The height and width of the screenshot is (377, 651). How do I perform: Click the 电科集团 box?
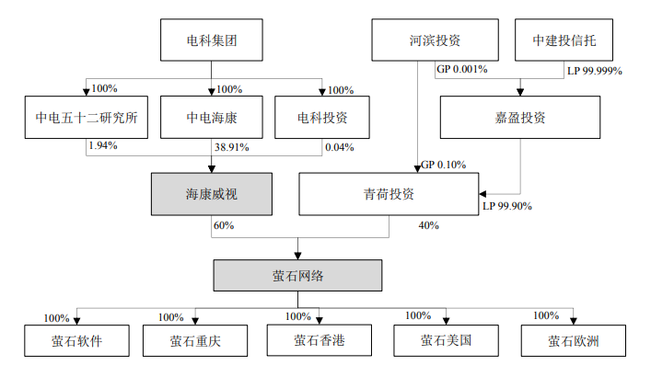point(212,40)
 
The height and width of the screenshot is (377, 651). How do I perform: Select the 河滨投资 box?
point(435,40)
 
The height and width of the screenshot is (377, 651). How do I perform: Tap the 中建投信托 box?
point(563,40)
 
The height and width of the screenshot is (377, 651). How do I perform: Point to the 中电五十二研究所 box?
point(86,118)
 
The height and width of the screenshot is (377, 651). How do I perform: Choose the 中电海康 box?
point(212,118)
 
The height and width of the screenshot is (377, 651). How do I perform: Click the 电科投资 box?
point(321,118)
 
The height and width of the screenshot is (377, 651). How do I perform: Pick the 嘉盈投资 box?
point(520,118)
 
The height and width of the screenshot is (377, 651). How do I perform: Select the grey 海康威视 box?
point(211,194)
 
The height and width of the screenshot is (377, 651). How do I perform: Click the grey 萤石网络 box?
point(296,275)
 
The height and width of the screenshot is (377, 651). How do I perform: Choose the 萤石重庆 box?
point(195,341)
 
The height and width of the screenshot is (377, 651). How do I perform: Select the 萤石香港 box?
point(319,340)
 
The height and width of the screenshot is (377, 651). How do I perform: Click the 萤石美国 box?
point(447,341)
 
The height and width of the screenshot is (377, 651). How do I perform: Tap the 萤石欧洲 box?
point(573,341)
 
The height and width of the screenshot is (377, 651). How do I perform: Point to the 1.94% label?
point(102,145)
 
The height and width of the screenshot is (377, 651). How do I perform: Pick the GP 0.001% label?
point(461,69)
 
